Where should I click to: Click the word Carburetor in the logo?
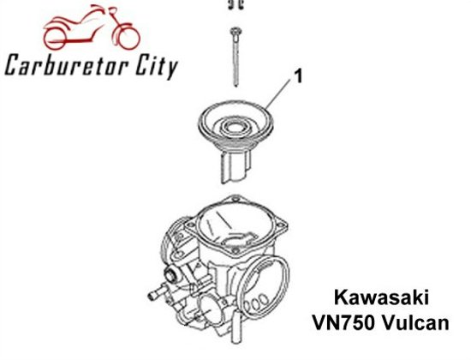65,64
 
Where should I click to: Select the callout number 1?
298,76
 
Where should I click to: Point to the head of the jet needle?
235,31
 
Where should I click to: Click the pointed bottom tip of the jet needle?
236,86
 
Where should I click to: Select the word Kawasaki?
381,297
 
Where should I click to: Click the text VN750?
344,322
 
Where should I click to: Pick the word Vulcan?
416,322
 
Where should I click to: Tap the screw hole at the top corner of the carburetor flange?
235,199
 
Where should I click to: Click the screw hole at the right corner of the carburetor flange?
282,223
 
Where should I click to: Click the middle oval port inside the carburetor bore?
256,303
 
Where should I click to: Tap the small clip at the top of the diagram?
235,4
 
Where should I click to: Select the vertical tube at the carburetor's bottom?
236,327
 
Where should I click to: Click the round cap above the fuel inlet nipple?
171,274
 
